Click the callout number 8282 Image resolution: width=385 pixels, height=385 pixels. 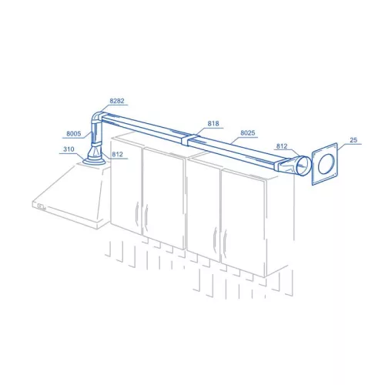tap(117, 101)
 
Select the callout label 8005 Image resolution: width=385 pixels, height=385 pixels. tap(74, 133)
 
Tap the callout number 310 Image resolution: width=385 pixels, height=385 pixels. tap(69, 149)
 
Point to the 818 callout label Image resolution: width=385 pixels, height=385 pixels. tap(213, 123)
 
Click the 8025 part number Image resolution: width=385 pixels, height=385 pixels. tap(248, 132)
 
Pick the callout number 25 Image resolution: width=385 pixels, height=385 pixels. tap(353, 140)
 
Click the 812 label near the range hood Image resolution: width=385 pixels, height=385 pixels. tap(117, 154)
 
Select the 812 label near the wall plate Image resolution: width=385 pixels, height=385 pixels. tap(282, 146)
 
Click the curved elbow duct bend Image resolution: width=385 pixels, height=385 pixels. tap(96, 117)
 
